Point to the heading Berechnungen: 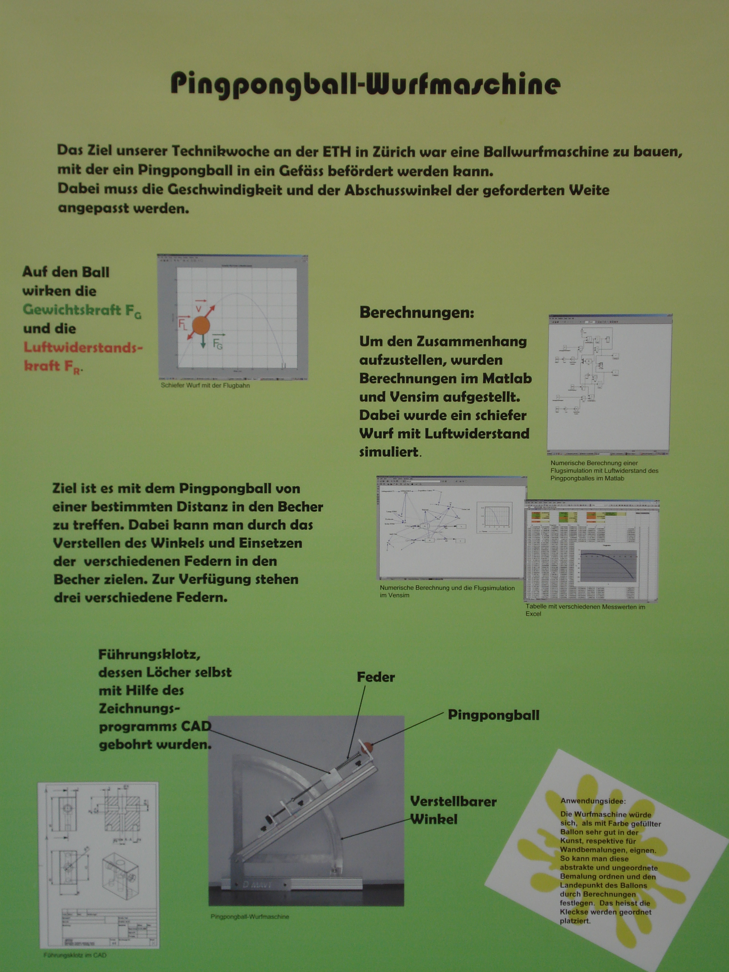[x=417, y=313]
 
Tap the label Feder [x=375, y=677]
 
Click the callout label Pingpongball [x=493, y=715]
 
